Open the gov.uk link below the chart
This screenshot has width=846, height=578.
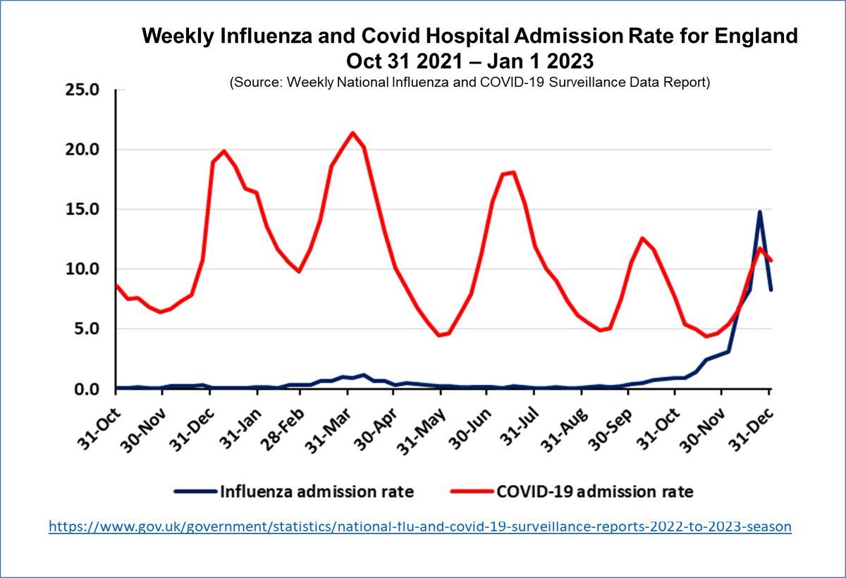tap(419, 526)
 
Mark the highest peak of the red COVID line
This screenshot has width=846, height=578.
tap(353, 133)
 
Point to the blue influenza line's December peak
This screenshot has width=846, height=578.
tap(760, 211)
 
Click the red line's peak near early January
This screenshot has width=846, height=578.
tap(223, 151)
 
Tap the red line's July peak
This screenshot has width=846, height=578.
tap(513, 172)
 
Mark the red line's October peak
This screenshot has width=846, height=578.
tap(642, 238)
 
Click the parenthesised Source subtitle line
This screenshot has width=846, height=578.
tap(469, 82)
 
